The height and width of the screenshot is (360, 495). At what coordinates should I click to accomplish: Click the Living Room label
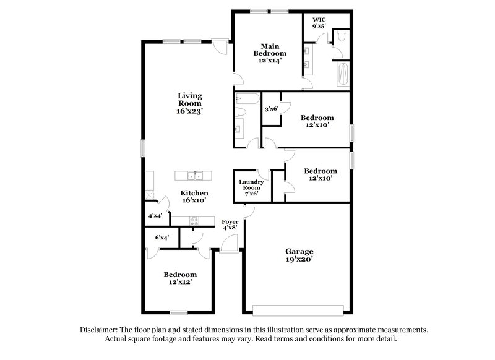[x=190, y=103]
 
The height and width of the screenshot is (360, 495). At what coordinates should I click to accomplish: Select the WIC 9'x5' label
[x=319, y=23]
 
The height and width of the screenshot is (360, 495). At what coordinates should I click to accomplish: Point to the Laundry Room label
[x=252, y=186]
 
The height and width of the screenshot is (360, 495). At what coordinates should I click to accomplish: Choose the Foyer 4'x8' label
[x=230, y=224]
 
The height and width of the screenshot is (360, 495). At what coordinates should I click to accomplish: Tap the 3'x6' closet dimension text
[x=272, y=109]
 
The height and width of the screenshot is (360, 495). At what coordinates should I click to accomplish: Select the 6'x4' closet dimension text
[x=162, y=237]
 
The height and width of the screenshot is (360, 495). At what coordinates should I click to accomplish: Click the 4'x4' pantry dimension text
[x=155, y=216]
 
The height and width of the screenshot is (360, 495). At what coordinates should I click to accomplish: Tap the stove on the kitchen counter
[x=194, y=220]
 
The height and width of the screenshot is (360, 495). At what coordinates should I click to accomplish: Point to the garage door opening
[x=299, y=309]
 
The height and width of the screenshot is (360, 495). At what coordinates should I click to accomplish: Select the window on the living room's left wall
[x=143, y=149]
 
